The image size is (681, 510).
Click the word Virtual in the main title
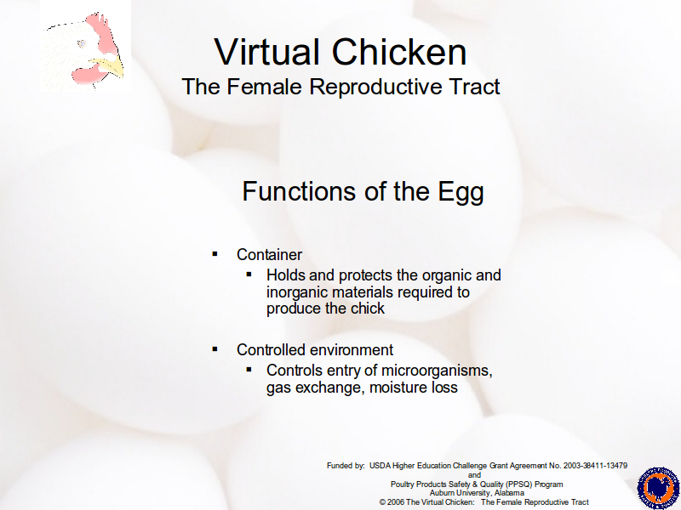coord(267,52)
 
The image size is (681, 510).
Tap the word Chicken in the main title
coord(399,52)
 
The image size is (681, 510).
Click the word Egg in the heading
coord(461,192)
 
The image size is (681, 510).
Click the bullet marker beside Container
coord(215,253)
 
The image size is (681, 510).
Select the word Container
coord(269,254)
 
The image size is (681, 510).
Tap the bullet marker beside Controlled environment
coord(215,348)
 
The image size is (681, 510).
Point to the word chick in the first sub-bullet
coord(368,309)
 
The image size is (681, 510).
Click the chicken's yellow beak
coord(111,67)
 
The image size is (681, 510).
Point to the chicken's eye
coord(81,43)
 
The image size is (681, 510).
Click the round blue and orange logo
coord(658,488)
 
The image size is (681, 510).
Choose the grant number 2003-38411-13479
coord(595,466)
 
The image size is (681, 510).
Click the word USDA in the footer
coord(380,466)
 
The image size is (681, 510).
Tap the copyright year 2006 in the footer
coord(396,502)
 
